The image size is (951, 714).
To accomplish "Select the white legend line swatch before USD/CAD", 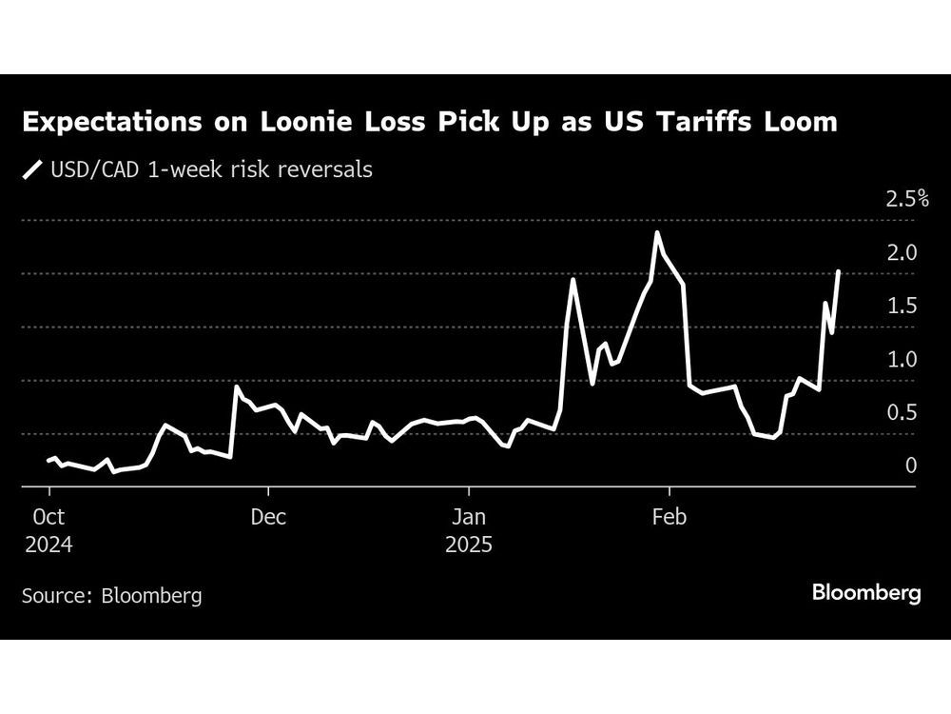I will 33,170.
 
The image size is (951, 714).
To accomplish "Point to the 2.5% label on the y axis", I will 906,199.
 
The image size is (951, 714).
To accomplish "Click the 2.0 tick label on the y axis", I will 901,253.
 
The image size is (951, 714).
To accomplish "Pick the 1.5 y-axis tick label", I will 901,307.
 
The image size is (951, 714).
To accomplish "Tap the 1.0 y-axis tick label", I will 901,360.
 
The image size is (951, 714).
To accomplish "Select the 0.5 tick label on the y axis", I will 901,413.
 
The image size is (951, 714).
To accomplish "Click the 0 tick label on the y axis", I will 910,466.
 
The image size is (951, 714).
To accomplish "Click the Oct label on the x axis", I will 49,519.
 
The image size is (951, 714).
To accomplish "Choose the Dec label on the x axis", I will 268,519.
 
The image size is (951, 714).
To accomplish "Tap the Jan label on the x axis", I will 468,519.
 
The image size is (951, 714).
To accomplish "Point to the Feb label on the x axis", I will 670,519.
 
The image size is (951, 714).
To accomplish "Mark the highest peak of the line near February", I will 656,232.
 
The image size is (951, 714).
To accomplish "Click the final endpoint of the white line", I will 839,271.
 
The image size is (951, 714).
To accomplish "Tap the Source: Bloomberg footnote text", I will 112,596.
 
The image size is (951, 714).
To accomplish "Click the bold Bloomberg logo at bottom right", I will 866,593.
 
